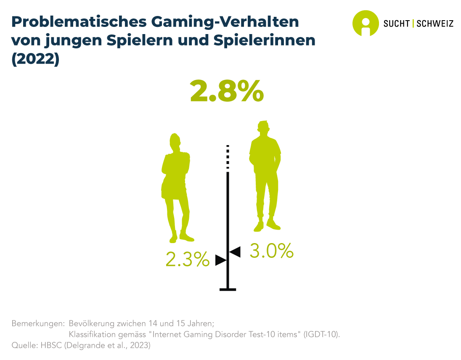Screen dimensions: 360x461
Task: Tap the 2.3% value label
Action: tap(187, 259)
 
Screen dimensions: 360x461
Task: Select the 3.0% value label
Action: tap(271, 251)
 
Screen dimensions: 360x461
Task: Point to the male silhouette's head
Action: tap(263, 129)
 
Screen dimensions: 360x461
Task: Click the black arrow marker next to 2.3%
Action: tap(221, 260)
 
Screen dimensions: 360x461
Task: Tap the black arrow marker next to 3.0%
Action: tap(234, 252)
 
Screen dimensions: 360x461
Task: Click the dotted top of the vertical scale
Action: tap(228, 156)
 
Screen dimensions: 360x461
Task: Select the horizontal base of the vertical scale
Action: tap(228, 289)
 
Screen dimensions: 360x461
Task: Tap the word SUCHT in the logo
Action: tap(396, 23)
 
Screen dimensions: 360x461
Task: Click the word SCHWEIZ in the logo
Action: tap(435, 23)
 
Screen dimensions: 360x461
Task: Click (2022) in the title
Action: tap(35, 59)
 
